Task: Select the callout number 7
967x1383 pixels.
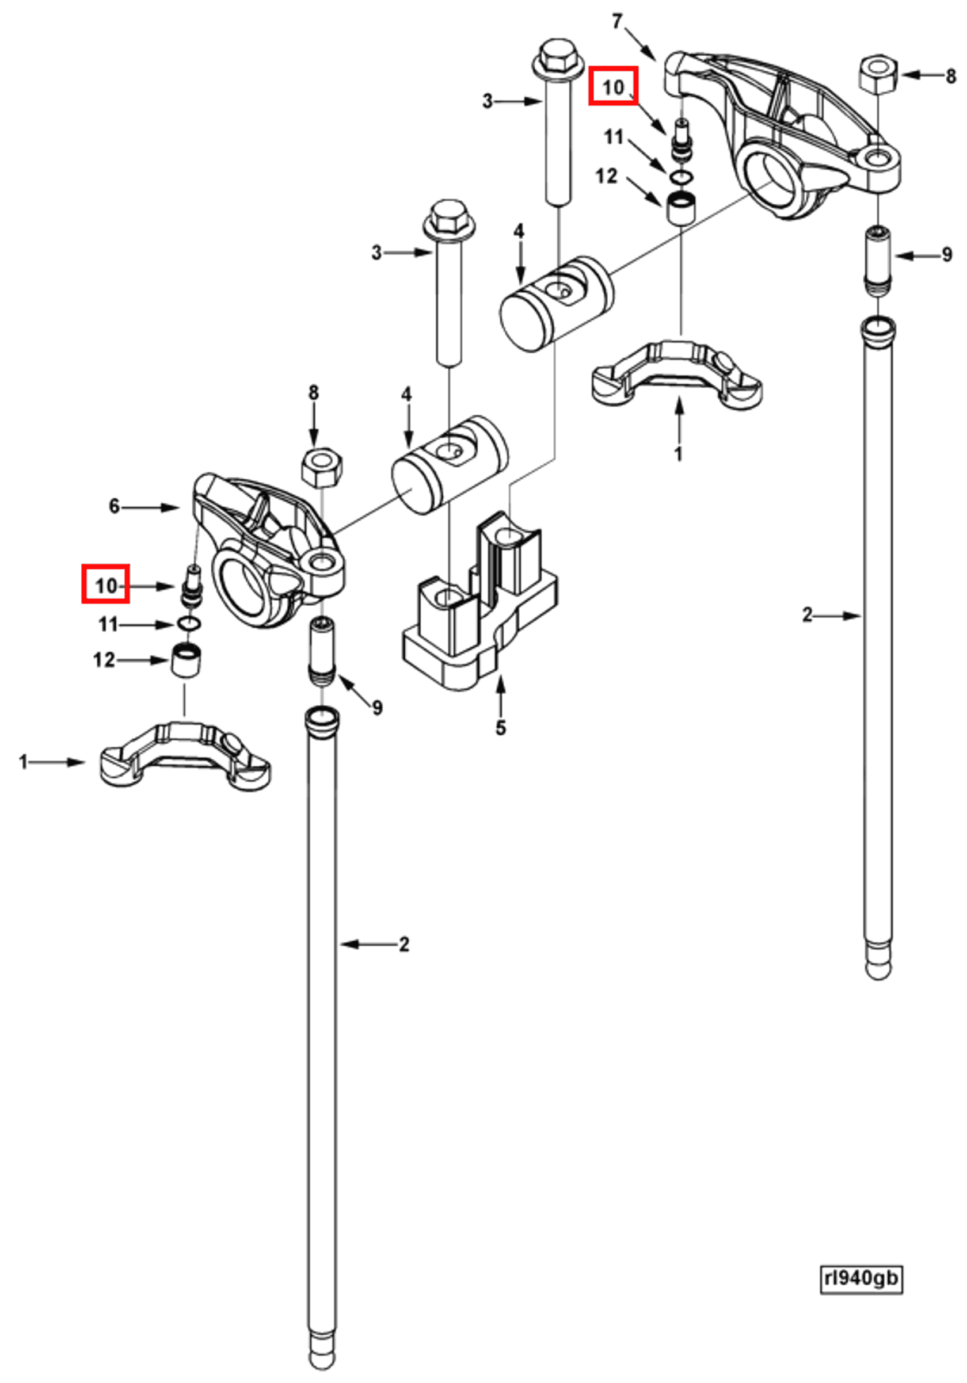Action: (x=616, y=22)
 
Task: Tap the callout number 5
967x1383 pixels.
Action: (x=501, y=728)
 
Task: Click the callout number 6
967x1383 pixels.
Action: (x=114, y=507)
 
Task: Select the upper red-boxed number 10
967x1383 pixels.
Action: (x=613, y=86)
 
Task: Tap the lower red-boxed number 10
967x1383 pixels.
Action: (x=105, y=584)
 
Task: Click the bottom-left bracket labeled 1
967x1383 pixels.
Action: (x=185, y=757)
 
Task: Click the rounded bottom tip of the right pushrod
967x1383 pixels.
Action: (x=878, y=970)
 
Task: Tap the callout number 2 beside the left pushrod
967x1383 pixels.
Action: (x=404, y=944)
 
